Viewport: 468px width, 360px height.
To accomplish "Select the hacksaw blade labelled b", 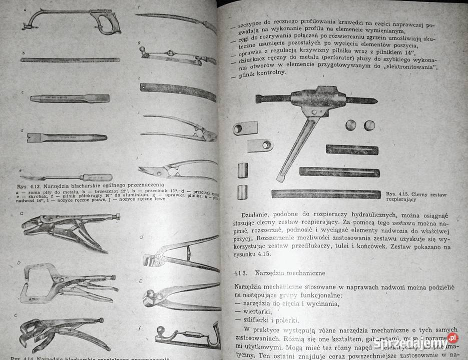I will pyautogui.click(x=70, y=60).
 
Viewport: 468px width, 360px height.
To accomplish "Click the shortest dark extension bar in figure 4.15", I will pyautogui.click(x=352, y=149).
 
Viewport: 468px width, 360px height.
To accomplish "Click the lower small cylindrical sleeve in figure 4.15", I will pyautogui.click(x=243, y=192).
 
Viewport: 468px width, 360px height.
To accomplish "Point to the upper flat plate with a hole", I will pyautogui.click(x=245, y=128).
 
